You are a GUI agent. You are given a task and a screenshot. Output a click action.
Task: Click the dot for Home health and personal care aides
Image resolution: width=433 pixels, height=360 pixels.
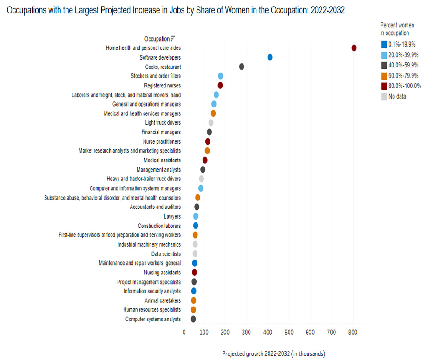coord(354,48)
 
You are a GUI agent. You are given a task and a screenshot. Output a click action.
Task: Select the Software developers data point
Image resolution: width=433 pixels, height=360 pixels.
coord(270,57)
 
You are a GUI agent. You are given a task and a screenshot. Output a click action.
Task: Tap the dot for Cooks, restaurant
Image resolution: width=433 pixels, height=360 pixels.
coord(242,67)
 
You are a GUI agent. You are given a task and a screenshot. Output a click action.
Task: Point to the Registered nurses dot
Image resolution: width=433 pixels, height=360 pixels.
coord(220,85)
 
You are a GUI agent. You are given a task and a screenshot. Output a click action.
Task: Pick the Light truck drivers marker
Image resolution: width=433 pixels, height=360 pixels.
coord(211,123)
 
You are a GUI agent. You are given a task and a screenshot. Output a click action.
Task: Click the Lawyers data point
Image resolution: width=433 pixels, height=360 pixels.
coord(196,216)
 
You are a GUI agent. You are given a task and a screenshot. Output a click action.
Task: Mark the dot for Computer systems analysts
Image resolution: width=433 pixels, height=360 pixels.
coord(193,319)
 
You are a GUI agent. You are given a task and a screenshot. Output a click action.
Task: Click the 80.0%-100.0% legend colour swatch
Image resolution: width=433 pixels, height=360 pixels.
coord(384,86)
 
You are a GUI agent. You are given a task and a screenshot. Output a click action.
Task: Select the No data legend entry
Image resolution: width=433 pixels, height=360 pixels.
coord(393,97)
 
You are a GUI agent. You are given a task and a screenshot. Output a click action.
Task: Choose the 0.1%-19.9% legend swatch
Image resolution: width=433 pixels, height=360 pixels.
coord(384,45)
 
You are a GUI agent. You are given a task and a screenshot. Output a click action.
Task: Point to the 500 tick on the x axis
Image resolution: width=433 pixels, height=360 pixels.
coord(289,333)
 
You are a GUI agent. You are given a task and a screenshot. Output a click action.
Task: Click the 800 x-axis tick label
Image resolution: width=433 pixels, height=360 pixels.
coord(353,333)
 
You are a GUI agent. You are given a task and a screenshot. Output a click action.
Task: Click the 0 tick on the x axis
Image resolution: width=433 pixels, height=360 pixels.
coord(184,333)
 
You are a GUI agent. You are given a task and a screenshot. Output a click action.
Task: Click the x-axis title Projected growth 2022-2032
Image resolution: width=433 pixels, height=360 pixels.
coord(273,353)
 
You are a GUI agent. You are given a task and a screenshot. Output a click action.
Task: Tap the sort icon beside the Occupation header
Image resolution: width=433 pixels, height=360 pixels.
coord(173,38)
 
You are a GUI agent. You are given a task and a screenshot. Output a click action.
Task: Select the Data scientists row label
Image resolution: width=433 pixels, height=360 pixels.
coord(166,254)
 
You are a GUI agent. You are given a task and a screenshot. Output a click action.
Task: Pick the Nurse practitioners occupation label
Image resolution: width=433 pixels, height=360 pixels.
coord(162,141)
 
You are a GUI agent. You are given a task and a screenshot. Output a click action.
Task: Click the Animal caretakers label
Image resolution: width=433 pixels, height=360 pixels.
coord(163,300)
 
